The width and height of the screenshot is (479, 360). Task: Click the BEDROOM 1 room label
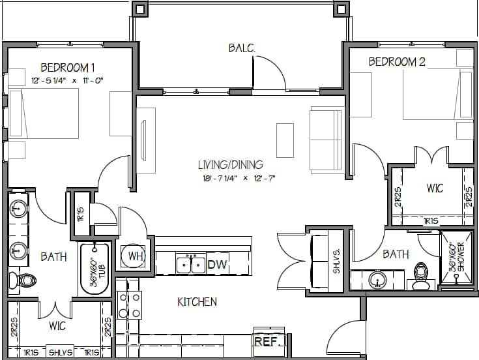click(68, 67)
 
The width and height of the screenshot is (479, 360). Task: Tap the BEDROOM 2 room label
click(397, 63)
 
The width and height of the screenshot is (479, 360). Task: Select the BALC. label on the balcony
click(241, 48)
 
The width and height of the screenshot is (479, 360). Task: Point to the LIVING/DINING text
click(231, 164)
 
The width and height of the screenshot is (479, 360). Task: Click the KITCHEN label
click(197, 302)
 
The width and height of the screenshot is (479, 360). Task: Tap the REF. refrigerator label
click(264, 342)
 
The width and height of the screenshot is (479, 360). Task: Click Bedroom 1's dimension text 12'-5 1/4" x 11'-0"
click(68, 80)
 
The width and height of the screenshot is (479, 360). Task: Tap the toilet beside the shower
click(420, 277)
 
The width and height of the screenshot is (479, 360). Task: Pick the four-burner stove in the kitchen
click(130, 305)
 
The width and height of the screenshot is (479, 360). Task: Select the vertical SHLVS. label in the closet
click(337, 260)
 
